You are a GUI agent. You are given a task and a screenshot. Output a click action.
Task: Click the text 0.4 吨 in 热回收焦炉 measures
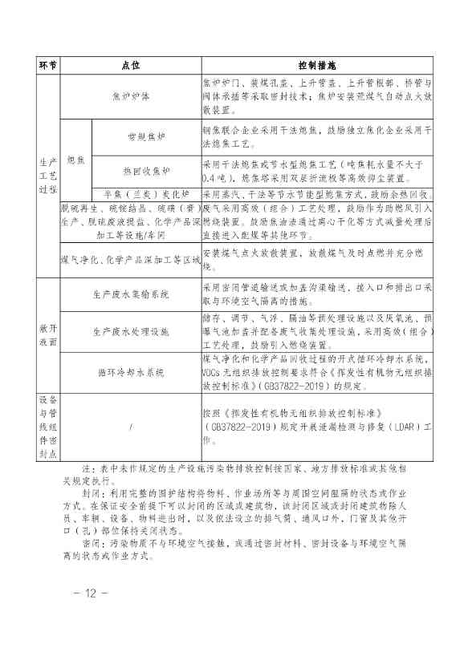(214, 177)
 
